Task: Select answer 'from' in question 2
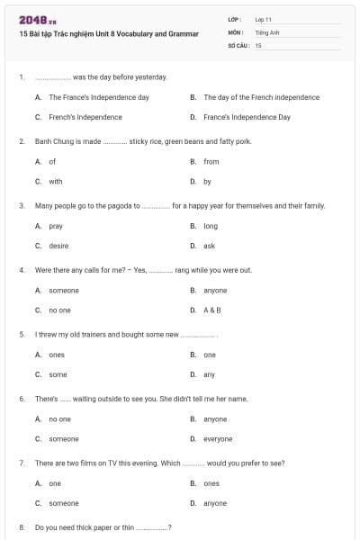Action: pyautogui.click(x=211, y=162)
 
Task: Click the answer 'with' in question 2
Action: pyautogui.click(x=56, y=181)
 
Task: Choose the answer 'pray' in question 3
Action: pyautogui.click(x=56, y=226)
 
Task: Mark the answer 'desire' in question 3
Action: pyautogui.click(x=58, y=246)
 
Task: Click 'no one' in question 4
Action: pyautogui.click(x=59, y=310)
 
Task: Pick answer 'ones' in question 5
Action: pyautogui.click(x=57, y=355)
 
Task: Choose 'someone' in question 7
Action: pyautogui.click(x=64, y=503)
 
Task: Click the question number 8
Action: pyautogui.click(x=22, y=526)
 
